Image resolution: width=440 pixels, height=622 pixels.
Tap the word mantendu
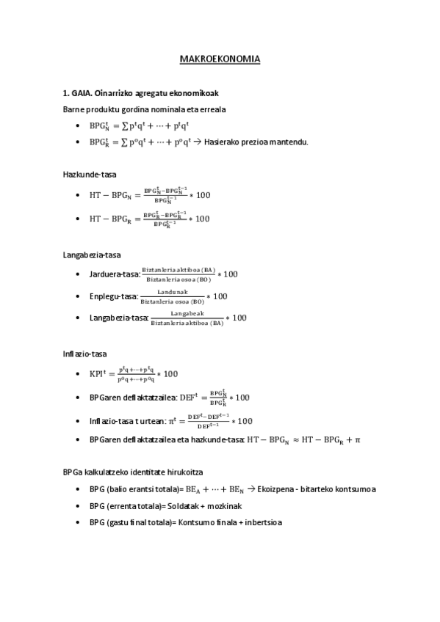click(289, 142)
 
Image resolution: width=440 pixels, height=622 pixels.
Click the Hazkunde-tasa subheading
click(90, 174)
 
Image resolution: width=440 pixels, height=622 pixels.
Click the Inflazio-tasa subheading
click(87, 354)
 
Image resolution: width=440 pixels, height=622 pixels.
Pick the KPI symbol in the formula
click(99, 374)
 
